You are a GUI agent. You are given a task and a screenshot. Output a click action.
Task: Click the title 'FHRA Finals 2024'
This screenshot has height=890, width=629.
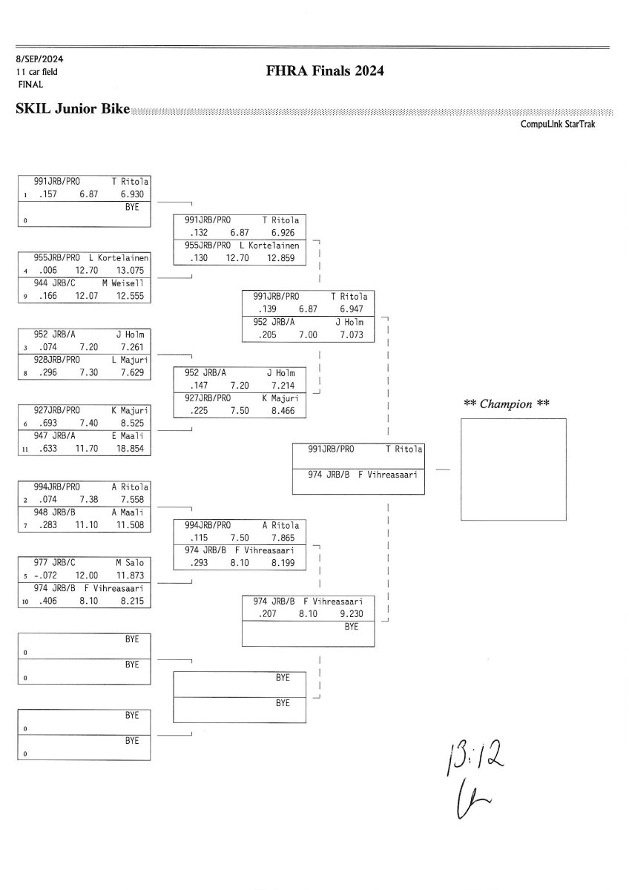(325, 72)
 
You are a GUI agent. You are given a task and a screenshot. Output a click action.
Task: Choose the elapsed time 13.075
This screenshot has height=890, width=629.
(134, 271)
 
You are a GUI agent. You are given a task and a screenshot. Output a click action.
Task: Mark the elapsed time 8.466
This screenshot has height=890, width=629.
(283, 410)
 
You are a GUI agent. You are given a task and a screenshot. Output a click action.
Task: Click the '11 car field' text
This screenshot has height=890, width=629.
(36, 72)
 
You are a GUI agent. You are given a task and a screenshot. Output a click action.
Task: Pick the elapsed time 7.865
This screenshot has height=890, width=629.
(283, 538)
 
